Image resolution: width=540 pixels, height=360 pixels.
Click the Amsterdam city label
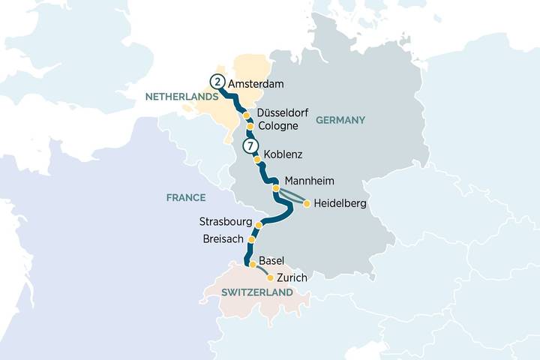point(256,83)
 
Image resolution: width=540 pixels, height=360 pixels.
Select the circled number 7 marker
point(250,145)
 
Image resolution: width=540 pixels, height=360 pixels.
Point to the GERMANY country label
point(340,120)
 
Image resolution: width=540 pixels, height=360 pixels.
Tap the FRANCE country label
point(187,197)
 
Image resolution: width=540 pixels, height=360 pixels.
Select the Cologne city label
point(277,126)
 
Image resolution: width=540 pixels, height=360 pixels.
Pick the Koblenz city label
point(283,156)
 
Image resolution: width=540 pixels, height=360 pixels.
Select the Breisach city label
point(223,239)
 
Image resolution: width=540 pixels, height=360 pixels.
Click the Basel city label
point(271,261)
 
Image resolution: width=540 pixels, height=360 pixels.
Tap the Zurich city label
point(292,278)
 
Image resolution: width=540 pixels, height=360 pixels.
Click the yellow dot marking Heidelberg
point(307,203)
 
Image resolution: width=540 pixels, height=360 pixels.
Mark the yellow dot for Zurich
point(270,277)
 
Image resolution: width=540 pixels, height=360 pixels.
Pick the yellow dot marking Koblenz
point(257,160)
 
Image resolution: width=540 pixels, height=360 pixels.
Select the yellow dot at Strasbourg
point(259,225)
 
